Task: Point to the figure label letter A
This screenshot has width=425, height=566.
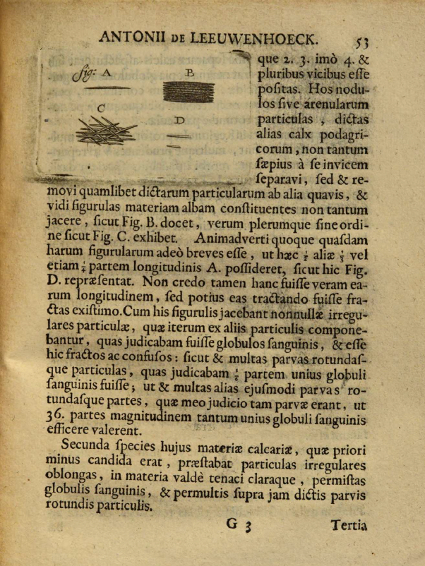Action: [x=107, y=72]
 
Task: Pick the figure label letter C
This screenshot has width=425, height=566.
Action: [x=101, y=108]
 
